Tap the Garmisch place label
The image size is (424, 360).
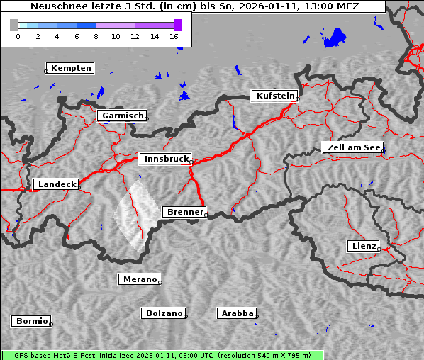123,116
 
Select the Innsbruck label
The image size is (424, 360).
165,159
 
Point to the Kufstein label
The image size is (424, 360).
274,96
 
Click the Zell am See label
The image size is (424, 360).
354,147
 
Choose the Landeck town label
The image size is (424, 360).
56,184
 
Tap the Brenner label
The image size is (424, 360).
185,212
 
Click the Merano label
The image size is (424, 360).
140,279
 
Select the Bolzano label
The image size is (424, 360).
164,313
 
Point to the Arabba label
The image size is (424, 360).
237,313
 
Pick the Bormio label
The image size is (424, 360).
32,321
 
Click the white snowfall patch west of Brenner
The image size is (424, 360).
138,212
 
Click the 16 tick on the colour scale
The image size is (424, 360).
174,35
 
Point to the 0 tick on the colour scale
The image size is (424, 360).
18,35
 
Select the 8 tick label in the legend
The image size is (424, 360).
96,35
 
